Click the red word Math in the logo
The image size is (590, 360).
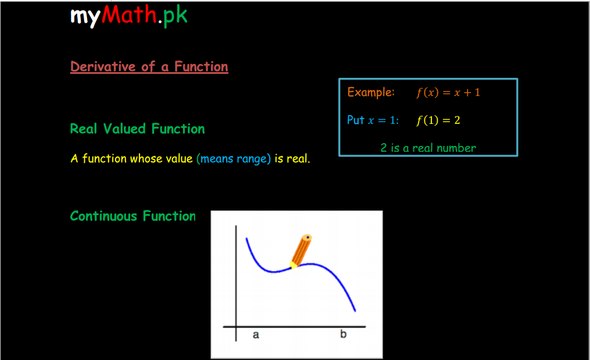point(129,14)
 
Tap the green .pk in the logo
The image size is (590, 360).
point(173,16)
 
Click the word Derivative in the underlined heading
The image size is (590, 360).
point(103,66)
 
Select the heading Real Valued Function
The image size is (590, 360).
point(137,129)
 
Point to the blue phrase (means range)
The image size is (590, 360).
point(234,159)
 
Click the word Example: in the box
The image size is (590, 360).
point(371,92)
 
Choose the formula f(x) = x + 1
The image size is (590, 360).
point(448,92)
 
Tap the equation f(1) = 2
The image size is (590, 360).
point(438,120)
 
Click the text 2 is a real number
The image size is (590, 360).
point(428,147)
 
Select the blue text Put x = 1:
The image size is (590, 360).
point(373,120)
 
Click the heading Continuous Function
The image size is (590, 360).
point(133,216)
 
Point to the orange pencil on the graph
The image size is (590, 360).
point(301,251)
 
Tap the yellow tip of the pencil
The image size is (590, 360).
point(292,266)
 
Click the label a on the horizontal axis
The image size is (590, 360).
point(256,334)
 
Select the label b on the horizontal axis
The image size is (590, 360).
point(343,334)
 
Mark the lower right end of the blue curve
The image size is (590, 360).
point(355,311)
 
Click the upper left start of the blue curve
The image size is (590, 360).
point(246,238)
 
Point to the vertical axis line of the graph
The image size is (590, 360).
point(236,283)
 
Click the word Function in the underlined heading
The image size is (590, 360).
point(201,66)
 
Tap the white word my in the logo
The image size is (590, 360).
point(85,17)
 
